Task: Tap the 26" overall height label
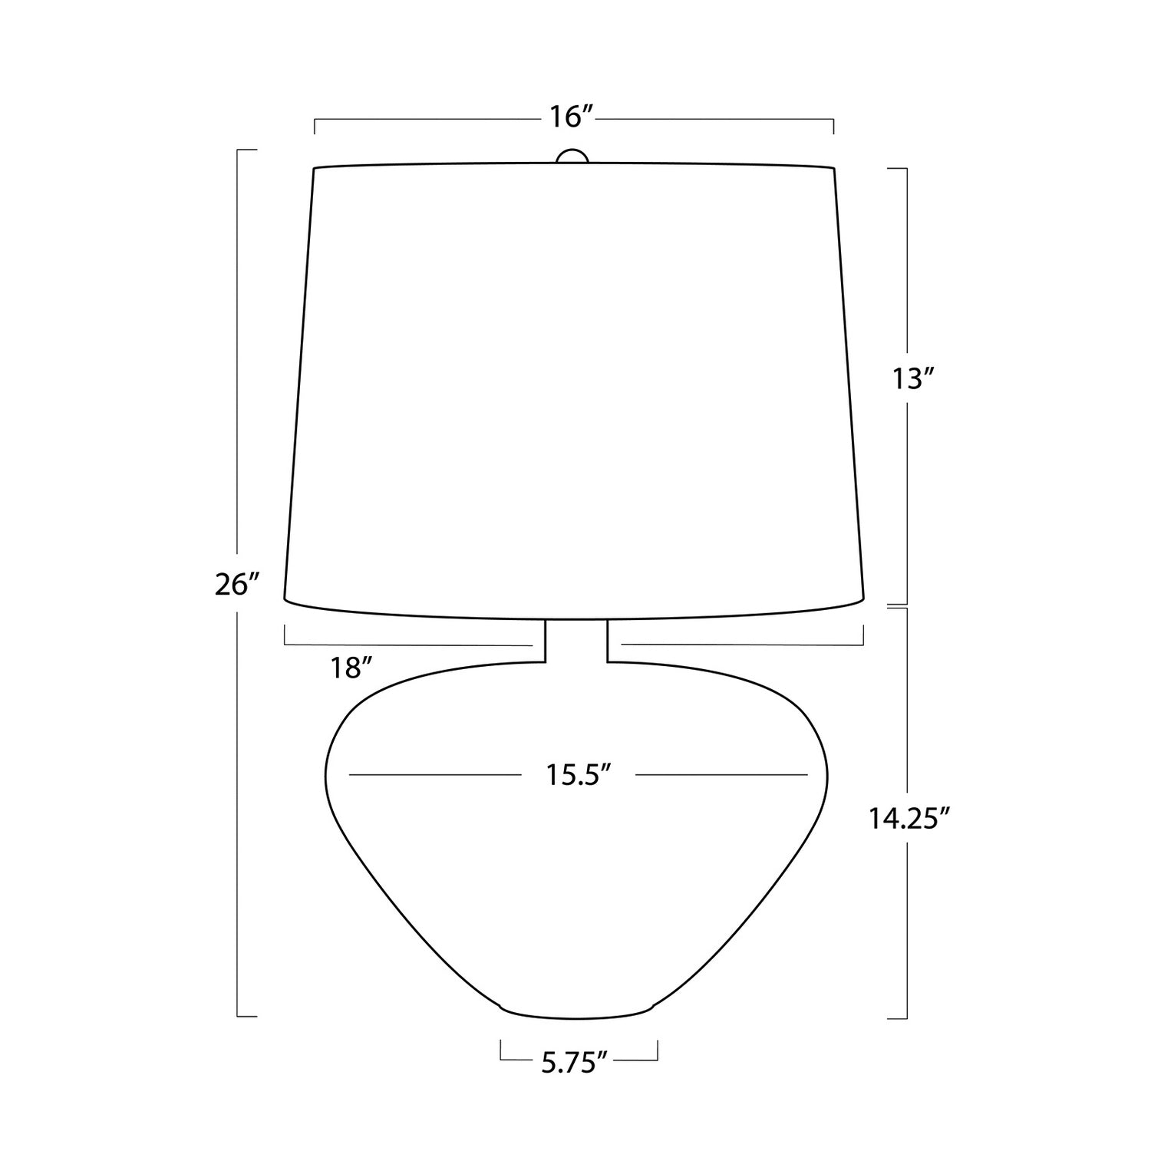pos(233,585)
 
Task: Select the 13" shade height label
pos(912,378)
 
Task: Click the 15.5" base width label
pos(579,775)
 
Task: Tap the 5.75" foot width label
pos(575,1063)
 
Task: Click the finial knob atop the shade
pos(572,156)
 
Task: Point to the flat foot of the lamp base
pos(577,1014)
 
